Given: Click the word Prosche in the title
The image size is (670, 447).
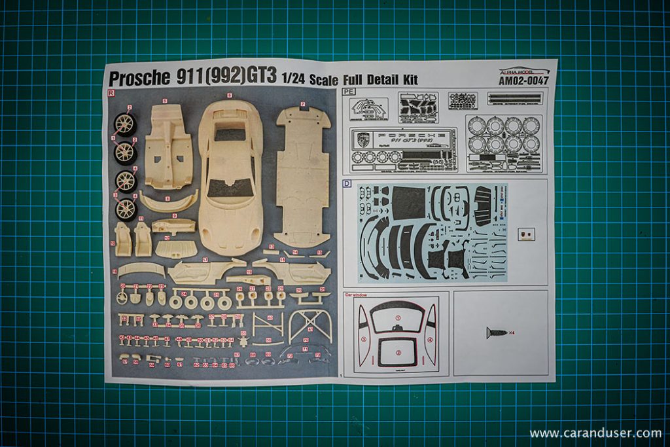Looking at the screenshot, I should (x=139, y=79).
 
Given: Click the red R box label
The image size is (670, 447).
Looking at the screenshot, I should (x=111, y=93).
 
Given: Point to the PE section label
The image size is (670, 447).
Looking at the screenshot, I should (x=348, y=92).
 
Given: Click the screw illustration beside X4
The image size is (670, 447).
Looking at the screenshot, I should (x=496, y=332).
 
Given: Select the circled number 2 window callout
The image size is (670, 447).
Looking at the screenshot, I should (x=397, y=353).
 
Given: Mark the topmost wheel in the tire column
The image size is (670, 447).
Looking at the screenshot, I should (x=125, y=124).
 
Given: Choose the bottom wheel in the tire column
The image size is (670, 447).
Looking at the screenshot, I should (x=126, y=209).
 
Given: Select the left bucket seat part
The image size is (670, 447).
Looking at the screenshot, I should (x=122, y=239).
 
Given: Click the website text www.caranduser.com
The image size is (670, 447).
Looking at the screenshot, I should (x=595, y=433).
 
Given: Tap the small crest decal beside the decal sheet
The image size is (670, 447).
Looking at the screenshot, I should (x=525, y=234).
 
